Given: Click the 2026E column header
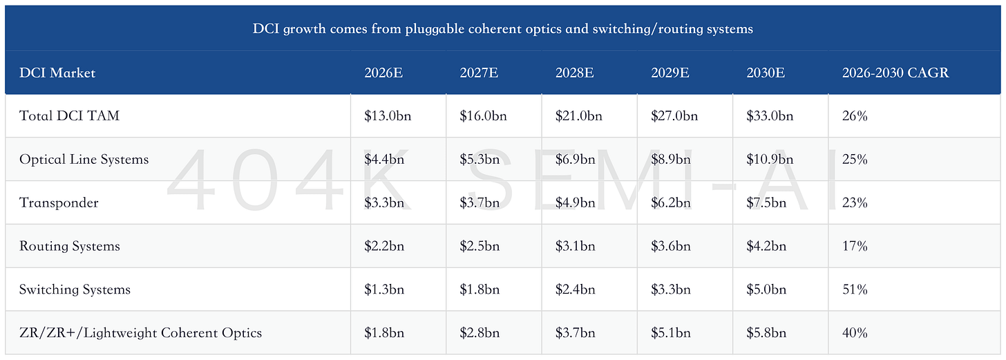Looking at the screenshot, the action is pos(383,73).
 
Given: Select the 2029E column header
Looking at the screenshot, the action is pos(670,73).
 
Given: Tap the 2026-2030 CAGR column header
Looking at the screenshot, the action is pos(895,73).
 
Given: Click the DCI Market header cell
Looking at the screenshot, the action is pos(57,73).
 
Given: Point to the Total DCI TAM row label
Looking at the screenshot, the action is pos(69,116).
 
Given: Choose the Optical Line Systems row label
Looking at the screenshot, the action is pos(84,160).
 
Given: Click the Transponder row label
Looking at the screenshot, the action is pos(58,203).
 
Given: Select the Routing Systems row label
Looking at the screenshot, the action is pos(70,246).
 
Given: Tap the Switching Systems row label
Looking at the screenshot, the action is pos(75,290).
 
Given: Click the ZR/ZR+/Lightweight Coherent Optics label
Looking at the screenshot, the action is pos(140,332).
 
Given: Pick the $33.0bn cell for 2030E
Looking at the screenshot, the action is pos(770,116).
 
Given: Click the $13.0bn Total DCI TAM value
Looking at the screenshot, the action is pos(388,116).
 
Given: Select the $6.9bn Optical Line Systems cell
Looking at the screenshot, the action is pos(575,160).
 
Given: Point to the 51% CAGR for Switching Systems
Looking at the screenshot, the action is pos(855,290).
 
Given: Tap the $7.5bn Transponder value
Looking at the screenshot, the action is pos(766,203).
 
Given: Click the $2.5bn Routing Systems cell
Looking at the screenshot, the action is pos(480,246).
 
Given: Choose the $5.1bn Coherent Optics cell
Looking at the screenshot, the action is pos(670,332).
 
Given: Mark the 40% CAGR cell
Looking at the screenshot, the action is pos(855,332).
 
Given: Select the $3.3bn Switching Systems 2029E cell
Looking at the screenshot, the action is pos(670,290).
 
